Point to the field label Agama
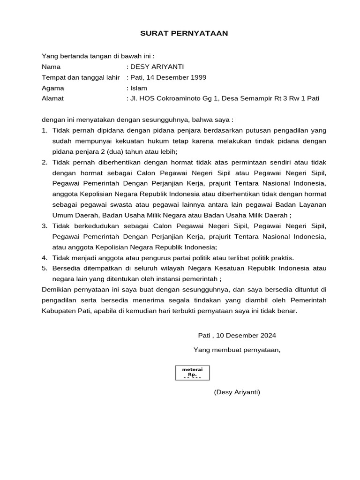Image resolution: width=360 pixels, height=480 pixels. point(53,88)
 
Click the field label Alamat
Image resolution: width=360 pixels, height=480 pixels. point(52,98)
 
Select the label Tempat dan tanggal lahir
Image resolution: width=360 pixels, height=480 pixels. point(81,77)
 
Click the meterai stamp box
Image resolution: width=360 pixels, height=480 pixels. point(192,373)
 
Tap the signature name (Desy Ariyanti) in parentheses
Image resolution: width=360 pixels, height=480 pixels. point(237,392)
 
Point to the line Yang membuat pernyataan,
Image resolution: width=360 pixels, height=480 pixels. point(237,350)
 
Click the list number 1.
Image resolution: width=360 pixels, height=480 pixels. point(45,130)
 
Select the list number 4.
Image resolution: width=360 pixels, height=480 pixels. point(45,258)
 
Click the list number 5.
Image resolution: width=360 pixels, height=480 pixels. point(45,268)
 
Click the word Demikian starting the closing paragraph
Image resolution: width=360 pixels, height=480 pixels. point(55,290)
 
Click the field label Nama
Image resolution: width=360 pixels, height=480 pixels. point(51,67)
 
